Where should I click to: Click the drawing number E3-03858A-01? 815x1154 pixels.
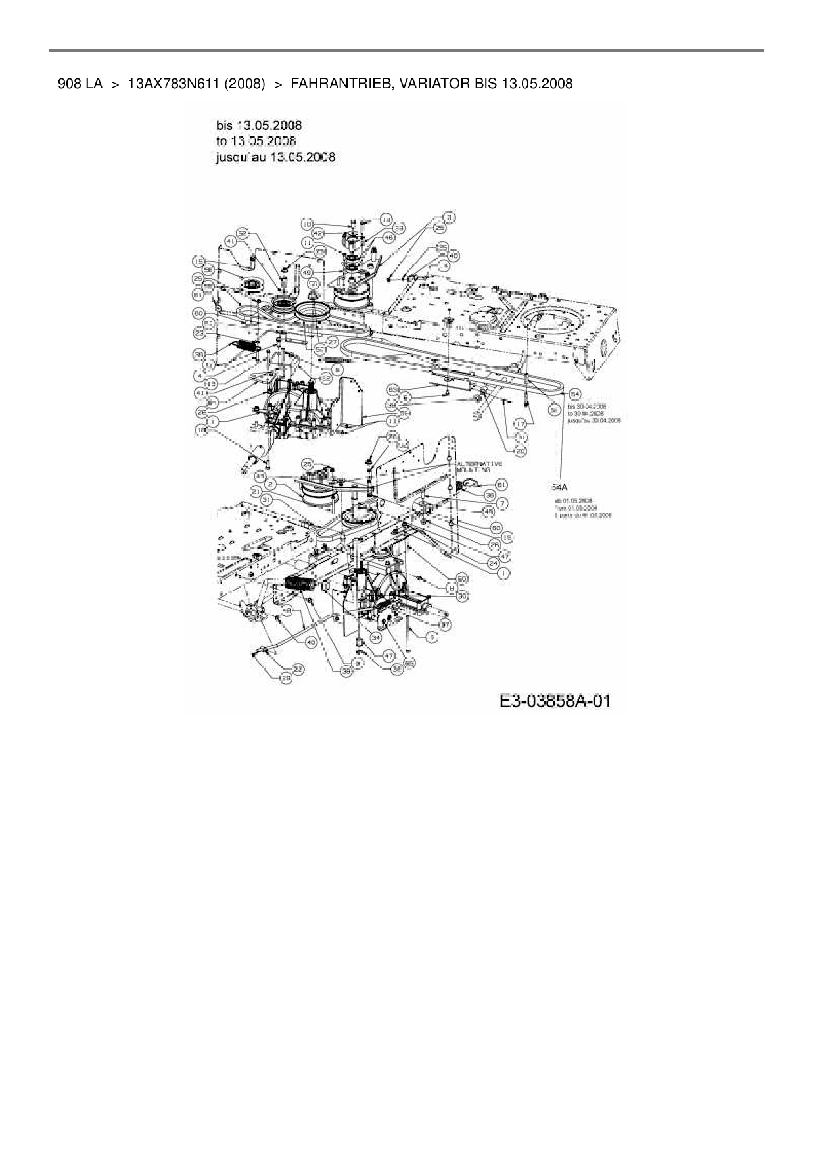point(555,701)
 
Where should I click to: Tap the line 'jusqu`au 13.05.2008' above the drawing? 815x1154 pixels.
point(275,157)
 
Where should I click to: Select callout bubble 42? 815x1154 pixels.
point(317,232)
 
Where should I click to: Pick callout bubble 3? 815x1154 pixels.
point(450,217)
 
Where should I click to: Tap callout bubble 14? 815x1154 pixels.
point(443,265)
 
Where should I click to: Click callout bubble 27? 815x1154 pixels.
point(332,341)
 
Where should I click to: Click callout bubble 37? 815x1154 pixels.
point(445,624)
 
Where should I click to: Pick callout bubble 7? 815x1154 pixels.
point(503,503)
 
